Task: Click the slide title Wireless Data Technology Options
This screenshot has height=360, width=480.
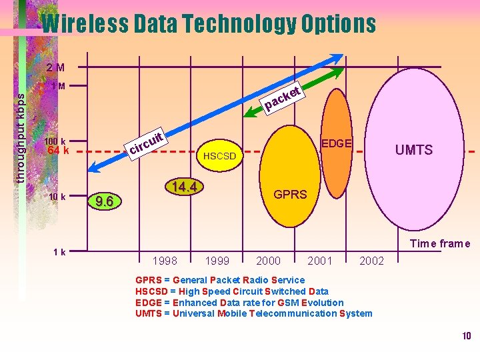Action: pyautogui.click(x=209, y=24)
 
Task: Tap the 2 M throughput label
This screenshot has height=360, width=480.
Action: pyautogui.click(x=55, y=67)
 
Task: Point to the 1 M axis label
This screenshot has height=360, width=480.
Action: pyautogui.click(x=58, y=86)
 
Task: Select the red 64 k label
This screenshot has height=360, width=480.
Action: pyautogui.click(x=55, y=151)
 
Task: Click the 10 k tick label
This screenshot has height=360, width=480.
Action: pyautogui.click(x=57, y=197)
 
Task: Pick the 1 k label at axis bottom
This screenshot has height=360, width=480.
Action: pyautogui.click(x=59, y=252)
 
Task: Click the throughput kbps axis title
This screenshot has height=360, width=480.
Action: pyautogui.click(x=21, y=137)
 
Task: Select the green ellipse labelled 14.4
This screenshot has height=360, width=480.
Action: pyautogui.click(x=182, y=187)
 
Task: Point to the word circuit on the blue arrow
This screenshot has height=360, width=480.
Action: pyautogui.click(x=146, y=142)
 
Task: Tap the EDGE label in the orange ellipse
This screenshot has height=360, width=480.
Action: pyautogui.click(x=337, y=143)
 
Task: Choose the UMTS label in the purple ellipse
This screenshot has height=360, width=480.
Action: pyautogui.click(x=413, y=150)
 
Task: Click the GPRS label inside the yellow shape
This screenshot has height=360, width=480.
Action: pyautogui.click(x=291, y=195)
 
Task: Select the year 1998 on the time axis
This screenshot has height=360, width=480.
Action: pyautogui.click(x=165, y=261)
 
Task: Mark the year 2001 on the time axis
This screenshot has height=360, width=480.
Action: pyautogui.click(x=319, y=261)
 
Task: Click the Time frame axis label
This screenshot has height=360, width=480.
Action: pyautogui.click(x=440, y=244)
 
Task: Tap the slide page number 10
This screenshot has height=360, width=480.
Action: pyautogui.click(x=466, y=335)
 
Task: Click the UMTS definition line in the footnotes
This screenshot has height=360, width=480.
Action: pyautogui.click(x=253, y=313)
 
